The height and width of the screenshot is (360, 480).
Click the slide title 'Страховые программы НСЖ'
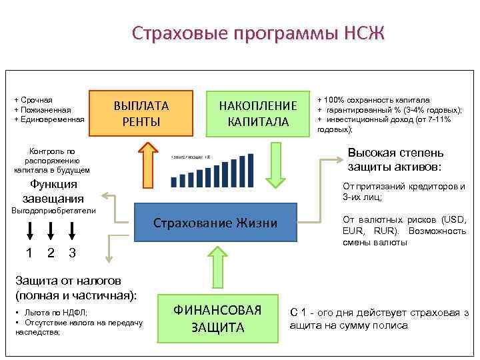click(258, 33)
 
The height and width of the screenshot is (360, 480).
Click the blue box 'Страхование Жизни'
click(215, 223)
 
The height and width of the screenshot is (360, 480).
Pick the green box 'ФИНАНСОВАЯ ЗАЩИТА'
click(217, 318)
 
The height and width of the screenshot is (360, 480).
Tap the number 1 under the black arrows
click(29, 253)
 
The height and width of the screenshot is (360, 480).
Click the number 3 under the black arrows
click(72, 253)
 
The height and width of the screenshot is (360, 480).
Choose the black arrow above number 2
click(51, 231)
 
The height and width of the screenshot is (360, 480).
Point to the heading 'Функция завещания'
click(53, 191)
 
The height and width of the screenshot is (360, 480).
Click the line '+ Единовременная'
click(49, 119)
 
